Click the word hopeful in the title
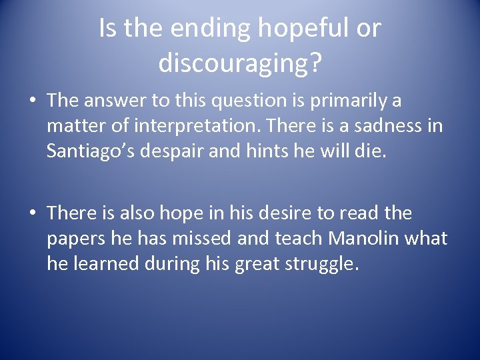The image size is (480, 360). point(310,29)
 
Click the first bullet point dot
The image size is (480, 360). point(33,101)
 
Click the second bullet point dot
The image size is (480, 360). point(33,214)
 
